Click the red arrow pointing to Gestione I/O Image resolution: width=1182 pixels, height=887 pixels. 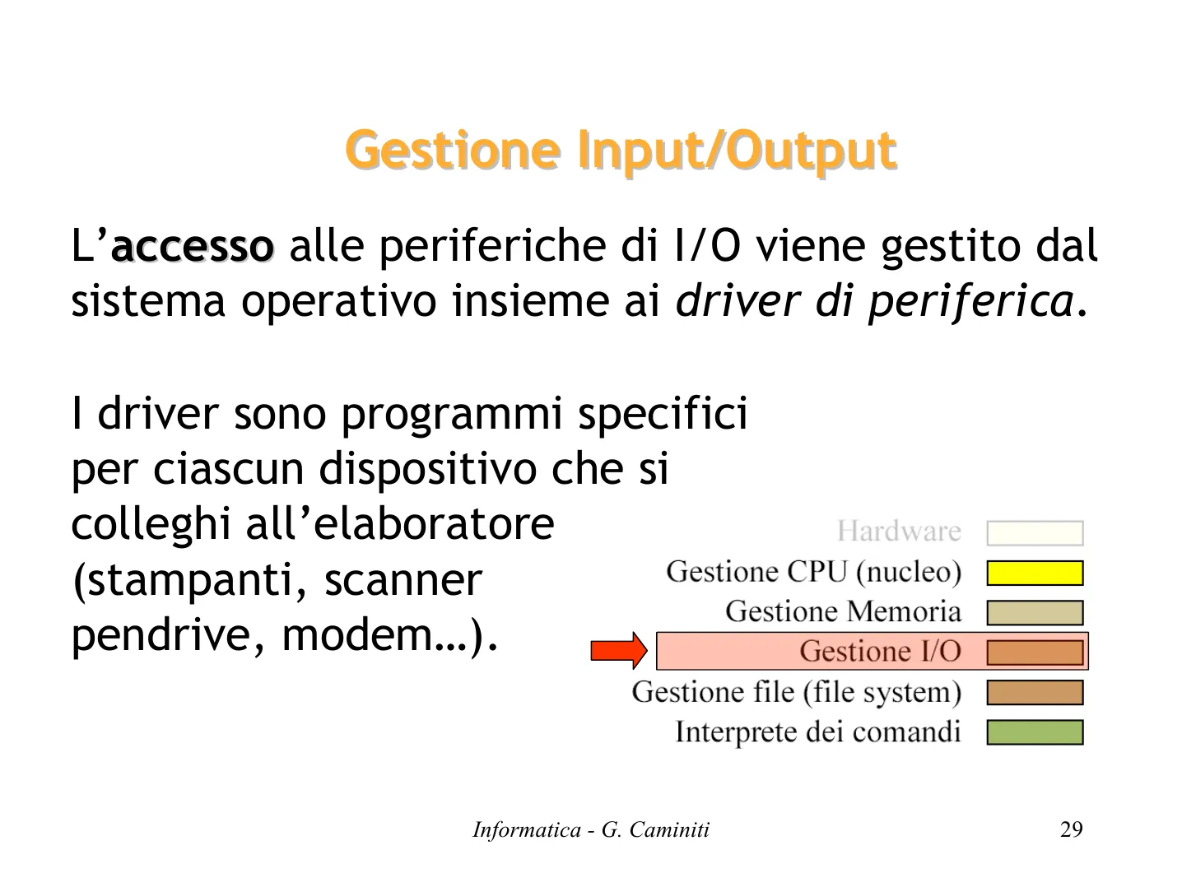tap(619, 651)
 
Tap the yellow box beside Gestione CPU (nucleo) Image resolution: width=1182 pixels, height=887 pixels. tap(1035, 573)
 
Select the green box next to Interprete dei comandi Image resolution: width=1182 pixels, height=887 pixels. tap(1035, 732)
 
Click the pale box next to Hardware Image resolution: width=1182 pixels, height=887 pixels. tap(1035, 533)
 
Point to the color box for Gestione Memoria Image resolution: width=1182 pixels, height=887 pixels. tap(1035, 612)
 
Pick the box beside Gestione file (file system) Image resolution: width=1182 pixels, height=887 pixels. tap(1035, 692)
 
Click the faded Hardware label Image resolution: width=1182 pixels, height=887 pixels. tap(899, 532)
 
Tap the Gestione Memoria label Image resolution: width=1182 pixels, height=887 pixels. tap(843, 611)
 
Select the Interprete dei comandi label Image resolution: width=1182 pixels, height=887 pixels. tap(818, 732)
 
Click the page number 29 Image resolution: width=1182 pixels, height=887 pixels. tap(1071, 829)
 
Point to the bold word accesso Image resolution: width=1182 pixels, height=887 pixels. tap(193, 247)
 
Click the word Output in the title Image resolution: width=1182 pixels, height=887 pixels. tap(812, 151)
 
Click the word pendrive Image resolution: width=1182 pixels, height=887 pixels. tap(161, 636)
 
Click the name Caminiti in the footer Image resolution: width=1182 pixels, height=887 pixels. tap(669, 829)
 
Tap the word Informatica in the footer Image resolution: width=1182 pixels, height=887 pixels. tap(527, 829)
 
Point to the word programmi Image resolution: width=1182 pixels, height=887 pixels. tap(452, 416)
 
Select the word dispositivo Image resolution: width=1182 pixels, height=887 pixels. tap(427, 470)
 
